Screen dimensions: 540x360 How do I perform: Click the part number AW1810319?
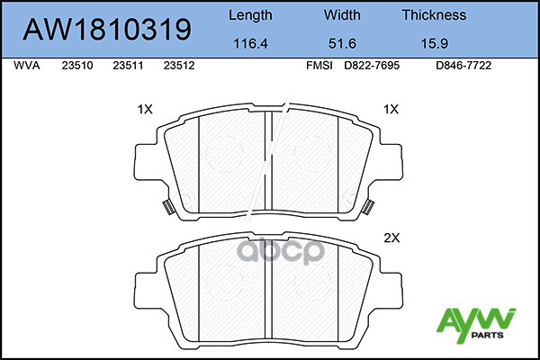pos(107,30)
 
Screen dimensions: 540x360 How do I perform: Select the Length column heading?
pos(250,15)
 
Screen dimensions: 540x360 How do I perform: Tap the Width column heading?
pos(342,14)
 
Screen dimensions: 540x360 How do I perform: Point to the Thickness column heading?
pos(435,14)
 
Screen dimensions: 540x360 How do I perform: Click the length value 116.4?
pos(250,43)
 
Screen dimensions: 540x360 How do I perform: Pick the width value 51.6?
pos(342,43)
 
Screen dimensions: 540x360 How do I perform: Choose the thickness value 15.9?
pos(435,43)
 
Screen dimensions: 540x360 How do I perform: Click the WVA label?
pos(27,66)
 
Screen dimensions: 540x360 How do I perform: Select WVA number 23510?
pos(77,66)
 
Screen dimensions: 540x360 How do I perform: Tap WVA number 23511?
pos(128,66)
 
